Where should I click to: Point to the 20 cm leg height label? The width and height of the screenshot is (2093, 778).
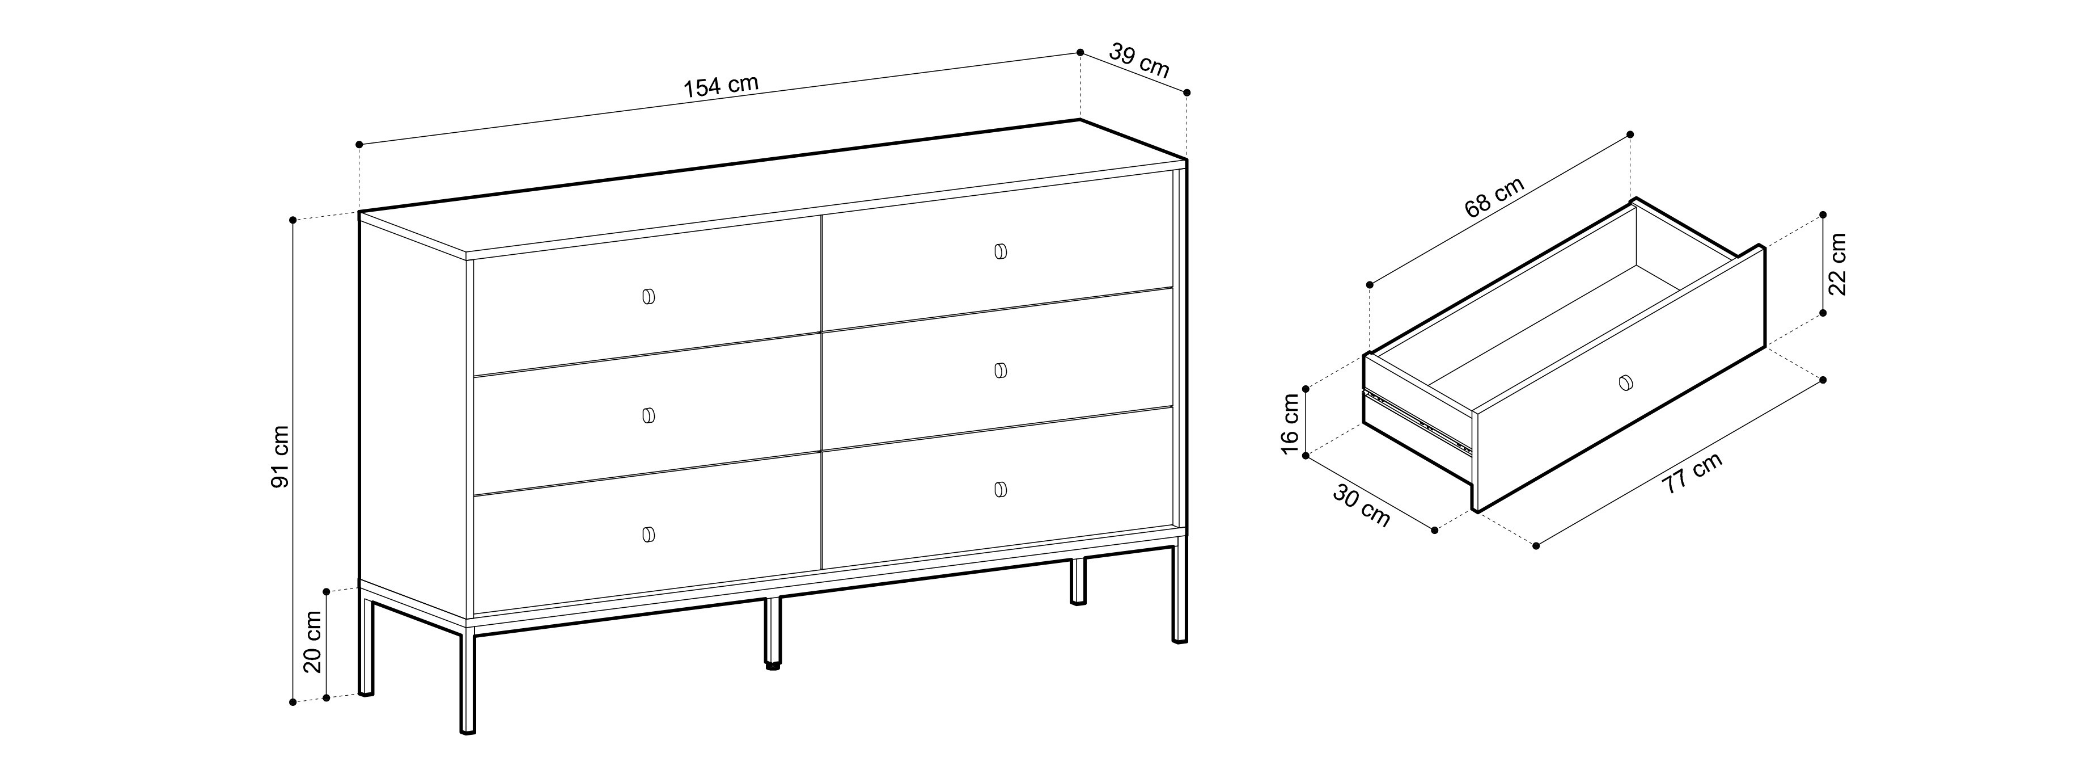(x=313, y=642)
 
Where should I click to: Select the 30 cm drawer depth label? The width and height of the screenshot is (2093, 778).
(x=1361, y=507)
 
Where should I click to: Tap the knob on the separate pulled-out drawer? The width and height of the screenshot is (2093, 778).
(x=1624, y=382)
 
